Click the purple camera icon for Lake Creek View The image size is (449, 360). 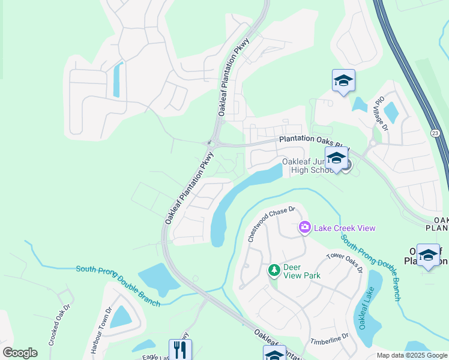(304, 227)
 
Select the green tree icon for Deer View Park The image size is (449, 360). (274, 271)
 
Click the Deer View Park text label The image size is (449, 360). (303, 271)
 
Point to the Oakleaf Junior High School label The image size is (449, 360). (307, 166)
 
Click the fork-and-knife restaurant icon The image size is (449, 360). (180, 349)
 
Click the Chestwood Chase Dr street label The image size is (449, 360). (272, 224)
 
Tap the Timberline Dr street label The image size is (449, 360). (329, 340)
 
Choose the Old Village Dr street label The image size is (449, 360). (382, 113)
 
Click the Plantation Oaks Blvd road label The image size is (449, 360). (312, 142)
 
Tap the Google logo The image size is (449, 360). (20, 353)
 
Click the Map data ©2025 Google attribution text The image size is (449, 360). (412, 355)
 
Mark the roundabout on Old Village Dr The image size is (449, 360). (373, 143)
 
